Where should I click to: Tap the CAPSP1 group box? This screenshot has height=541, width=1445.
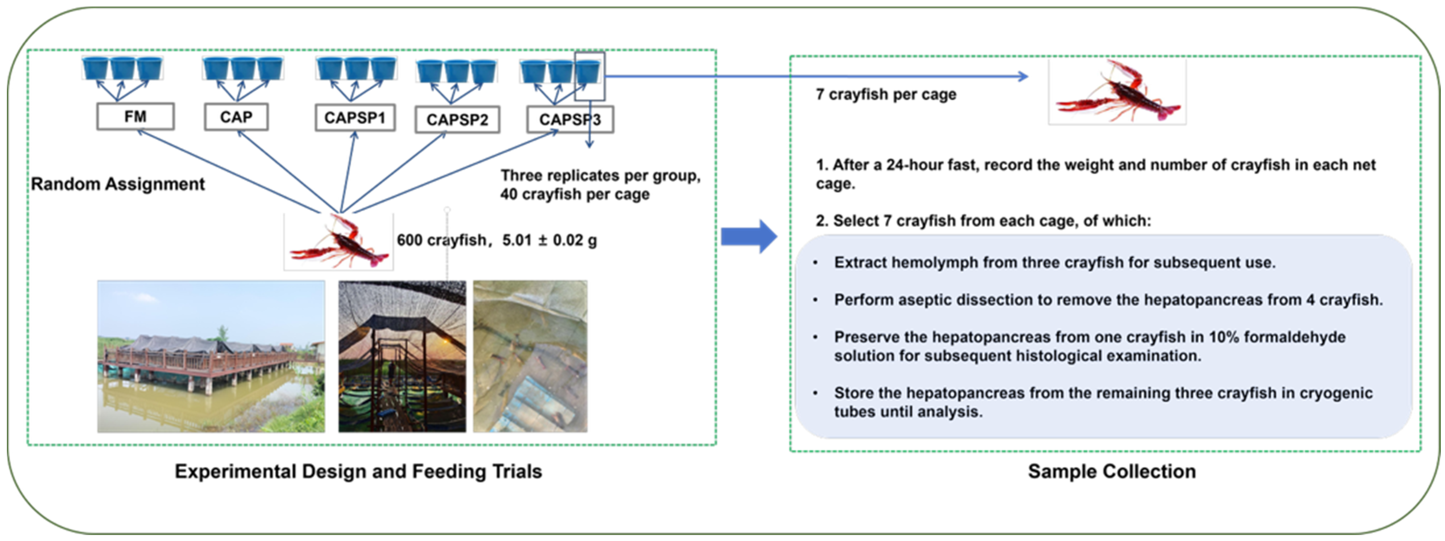(x=355, y=118)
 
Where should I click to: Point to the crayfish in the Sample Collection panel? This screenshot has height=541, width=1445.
(x=1117, y=91)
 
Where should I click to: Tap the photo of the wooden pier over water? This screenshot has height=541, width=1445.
(x=211, y=356)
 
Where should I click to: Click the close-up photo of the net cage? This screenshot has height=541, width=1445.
(x=530, y=356)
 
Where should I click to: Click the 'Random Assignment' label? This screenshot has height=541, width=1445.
(x=118, y=184)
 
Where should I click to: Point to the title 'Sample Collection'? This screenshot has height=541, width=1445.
(x=1112, y=471)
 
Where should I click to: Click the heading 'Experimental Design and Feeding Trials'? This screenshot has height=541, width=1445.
(x=359, y=471)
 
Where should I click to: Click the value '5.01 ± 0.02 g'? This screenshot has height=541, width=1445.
(x=550, y=240)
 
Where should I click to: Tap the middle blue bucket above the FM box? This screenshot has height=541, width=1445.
(x=122, y=69)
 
